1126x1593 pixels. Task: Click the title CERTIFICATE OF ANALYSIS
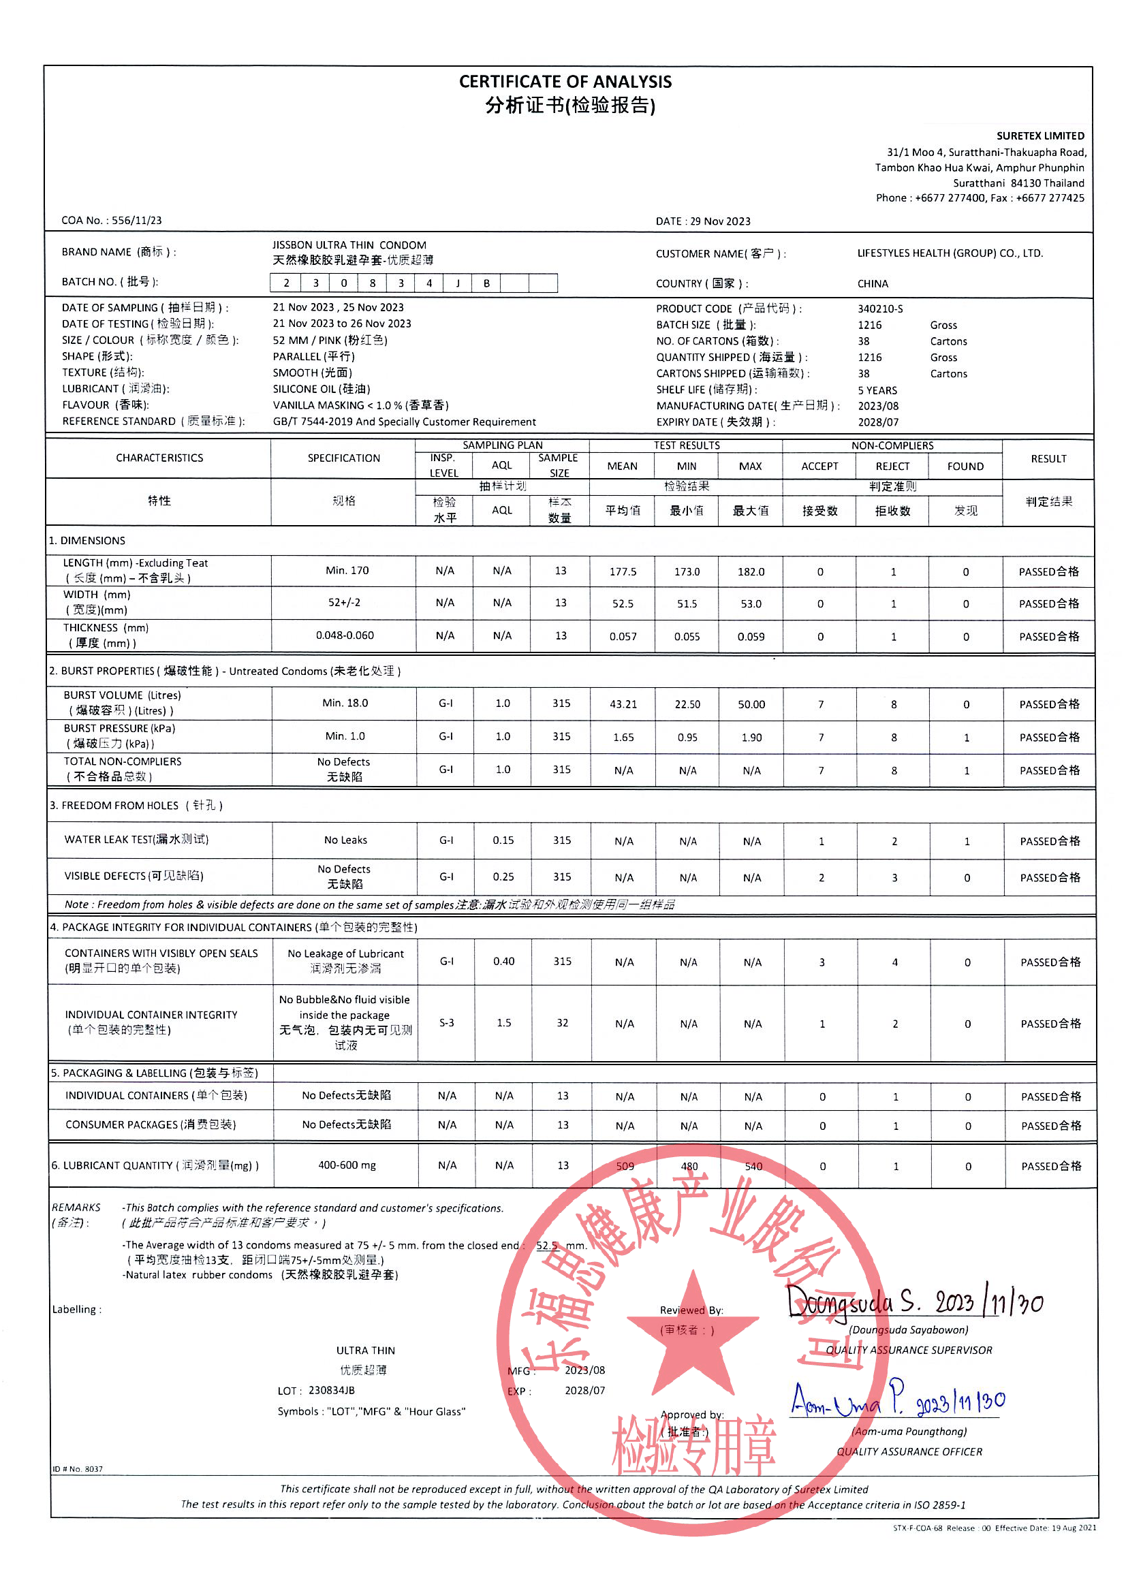tap(565, 82)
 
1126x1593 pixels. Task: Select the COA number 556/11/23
tap(137, 221)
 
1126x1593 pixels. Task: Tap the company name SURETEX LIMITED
tap(1040, 136)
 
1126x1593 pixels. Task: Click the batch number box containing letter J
tap(457, 283)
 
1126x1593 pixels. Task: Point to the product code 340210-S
tap(879, 309)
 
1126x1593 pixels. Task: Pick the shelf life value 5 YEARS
tap(877, 390)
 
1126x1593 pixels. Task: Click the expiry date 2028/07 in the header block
tap(877, 422)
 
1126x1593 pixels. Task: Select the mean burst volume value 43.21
tap(623, 704)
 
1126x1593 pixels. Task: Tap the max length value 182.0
tap(751, 571)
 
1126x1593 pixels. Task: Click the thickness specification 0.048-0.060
tap(344, 635)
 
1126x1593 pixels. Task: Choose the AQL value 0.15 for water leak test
tap(503, 840)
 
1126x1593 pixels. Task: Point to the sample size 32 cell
tap(562, 1023)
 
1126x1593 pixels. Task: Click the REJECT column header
tap(892, 467)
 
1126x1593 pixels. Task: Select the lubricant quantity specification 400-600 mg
tap(346, 1165)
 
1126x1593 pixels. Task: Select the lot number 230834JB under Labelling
tap(331, 1391)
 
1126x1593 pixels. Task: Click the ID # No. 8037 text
tap(77, 1469)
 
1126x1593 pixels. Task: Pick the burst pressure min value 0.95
tap(687, 738)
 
